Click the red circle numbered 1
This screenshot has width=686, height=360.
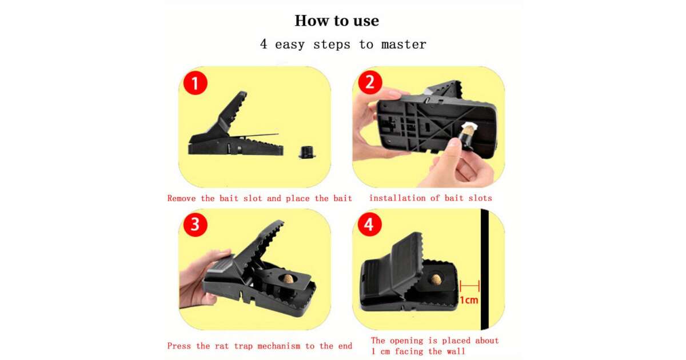pos(196,83)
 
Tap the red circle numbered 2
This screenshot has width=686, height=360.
pos(370,82)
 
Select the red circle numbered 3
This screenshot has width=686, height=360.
pos(196,225)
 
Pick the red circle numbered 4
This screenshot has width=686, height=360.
pos(370,225)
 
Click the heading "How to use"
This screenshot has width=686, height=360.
pos(337,21)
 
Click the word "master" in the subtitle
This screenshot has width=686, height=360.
pos(404,45)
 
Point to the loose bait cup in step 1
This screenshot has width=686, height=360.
pos(307,152)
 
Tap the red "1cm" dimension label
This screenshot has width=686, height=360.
pos(469,300)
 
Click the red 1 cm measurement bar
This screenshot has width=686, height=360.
pos(469,286)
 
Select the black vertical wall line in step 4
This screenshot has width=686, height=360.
pos(485,269)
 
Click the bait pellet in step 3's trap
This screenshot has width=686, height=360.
pos(289,279)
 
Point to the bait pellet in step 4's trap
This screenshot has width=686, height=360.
pos(436,279)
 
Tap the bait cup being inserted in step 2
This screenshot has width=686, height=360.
pos(466,136)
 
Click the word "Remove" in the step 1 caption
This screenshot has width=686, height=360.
pos(181,198)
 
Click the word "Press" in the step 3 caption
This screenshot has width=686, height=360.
pos(179,346)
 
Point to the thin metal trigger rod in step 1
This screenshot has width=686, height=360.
pos(254,135)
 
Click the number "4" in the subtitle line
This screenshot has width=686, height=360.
pos(264,44)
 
